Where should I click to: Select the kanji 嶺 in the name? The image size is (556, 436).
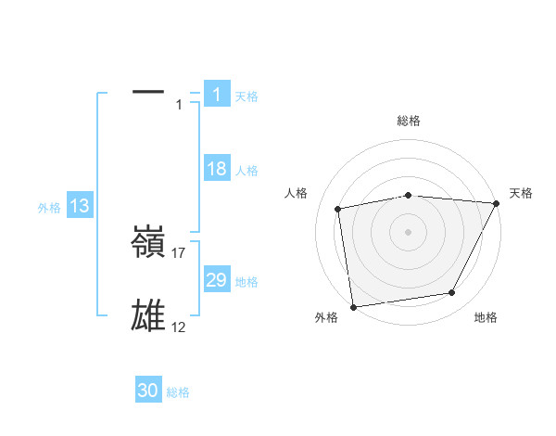[x=148, y=244]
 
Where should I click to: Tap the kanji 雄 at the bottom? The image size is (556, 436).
[x=148, y=315]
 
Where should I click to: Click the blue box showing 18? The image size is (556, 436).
[x=216, y=169]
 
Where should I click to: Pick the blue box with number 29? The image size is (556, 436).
[x=216, y=280]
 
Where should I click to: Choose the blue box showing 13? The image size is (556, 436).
[x=80, y=207]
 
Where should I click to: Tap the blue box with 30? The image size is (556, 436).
[x=148, y=391]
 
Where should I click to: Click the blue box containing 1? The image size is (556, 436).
[x=216, y=94]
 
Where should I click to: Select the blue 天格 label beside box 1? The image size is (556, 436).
[x=246, y=96]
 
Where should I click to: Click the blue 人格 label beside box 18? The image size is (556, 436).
[x=246, y=171]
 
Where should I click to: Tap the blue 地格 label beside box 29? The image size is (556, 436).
[x=246, y=282]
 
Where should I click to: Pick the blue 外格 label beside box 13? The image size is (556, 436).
[x=49, y=209]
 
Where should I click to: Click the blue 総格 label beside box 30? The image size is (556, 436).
[x=178, y=393]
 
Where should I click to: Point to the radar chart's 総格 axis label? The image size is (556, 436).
[x=409, y=121]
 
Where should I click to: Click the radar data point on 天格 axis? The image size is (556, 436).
[x=497, y=203]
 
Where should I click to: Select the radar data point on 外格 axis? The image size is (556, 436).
[x=353, y=306]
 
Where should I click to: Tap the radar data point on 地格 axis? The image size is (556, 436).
[x=452, y=293]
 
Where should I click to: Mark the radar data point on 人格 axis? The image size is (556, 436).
[x=337, y=208]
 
